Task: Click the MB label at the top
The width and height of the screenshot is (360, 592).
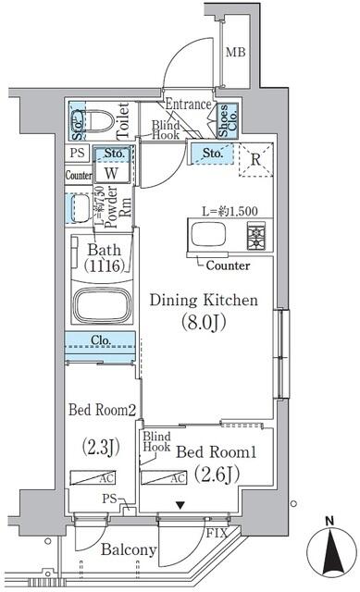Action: coord(236,51)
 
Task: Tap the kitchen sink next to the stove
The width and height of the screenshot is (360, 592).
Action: coord(205,237)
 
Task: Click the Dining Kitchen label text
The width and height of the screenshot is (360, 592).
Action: coord(204,301)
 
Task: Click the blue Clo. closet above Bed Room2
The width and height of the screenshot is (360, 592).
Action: coord(101,340)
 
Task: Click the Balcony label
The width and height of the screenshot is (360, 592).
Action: coord(130,551)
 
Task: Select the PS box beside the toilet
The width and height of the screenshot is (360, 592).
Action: coord(76,154)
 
